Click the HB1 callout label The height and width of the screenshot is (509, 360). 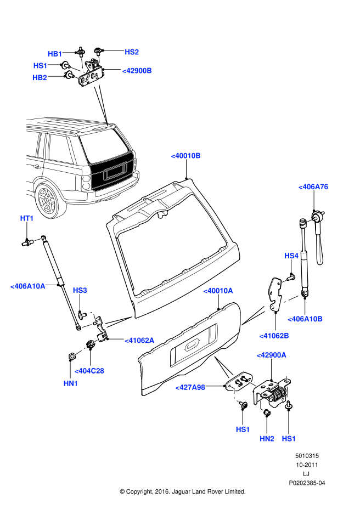tap(55, 53)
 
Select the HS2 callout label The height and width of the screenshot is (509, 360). tap(132, 52)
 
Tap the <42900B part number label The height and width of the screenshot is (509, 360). tap(137, 71)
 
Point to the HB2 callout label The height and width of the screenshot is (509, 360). tap(40, 77)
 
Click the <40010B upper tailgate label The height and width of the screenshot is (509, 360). tap(186, 156)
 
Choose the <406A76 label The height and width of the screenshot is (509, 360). tap(313, 187)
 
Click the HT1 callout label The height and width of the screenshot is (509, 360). tap(27, 218)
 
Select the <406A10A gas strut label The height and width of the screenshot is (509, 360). tap(28, 286)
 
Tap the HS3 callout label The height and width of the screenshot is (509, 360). tap(80, 290)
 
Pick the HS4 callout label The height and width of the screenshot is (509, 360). tap(291, 256)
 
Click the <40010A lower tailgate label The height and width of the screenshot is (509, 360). tap(218, 290)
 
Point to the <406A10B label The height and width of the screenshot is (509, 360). tap(305, 319)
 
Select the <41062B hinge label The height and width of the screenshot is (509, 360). tap(274, 335)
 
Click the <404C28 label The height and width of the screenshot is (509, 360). tap(89, 371)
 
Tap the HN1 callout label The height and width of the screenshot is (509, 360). tap(71, 383)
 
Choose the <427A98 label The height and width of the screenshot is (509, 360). tap(190, 387)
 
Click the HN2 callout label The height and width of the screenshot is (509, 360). tap(267, 439)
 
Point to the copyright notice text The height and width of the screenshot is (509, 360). tap(182, 491)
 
